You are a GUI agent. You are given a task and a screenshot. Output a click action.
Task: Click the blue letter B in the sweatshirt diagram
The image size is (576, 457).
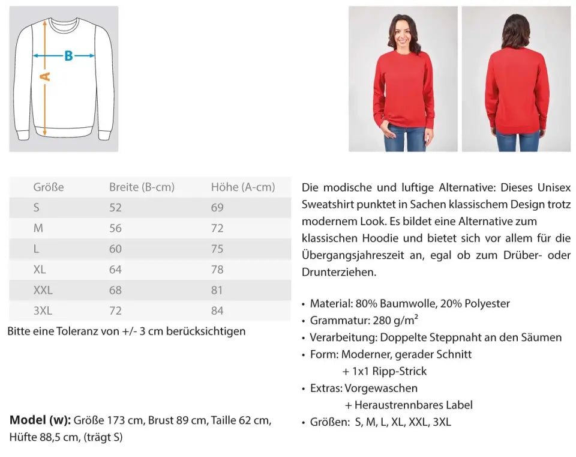pos(68,56)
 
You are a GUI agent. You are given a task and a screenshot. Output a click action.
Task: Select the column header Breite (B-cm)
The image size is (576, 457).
pos(142,187)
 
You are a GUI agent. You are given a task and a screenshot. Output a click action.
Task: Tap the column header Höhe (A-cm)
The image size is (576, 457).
pos(242,187)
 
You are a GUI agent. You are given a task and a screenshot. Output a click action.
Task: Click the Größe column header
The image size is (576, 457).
pos(49,187)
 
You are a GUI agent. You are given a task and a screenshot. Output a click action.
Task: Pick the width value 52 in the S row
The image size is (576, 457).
pos(115,208)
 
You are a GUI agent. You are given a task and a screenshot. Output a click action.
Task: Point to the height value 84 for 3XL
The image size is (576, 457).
pos(217,310)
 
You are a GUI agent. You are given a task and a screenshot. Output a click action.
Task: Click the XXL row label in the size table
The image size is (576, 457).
pos(43,290)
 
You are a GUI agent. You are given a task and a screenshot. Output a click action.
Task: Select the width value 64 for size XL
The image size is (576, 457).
pos(115,270)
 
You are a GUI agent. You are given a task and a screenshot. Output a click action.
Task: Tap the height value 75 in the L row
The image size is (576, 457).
pos(217,249)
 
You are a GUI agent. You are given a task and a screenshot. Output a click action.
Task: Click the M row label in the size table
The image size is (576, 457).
pos(38,228)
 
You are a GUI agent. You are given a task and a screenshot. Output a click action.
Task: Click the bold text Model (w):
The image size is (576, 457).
pos(40,420)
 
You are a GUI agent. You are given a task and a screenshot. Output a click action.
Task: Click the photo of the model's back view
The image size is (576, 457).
pos(516,79)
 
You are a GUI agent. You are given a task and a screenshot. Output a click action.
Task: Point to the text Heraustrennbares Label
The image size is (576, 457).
pos(413,405)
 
